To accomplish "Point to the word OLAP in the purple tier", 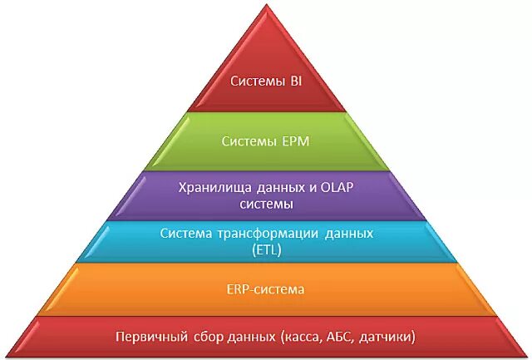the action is coord(337,187).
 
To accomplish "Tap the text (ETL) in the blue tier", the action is coord(265,249).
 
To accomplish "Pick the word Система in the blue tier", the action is coord(186,234).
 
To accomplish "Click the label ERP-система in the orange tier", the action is coord(265,290).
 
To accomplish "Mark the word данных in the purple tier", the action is coord(278,187).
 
